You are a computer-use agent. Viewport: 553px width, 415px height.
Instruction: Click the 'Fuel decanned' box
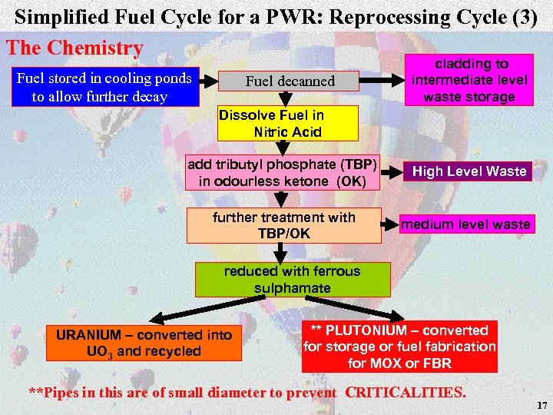(290, 81)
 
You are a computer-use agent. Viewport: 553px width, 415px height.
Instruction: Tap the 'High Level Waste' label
(469, 171)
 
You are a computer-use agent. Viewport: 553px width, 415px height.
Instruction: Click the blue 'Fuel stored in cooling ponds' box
(104, 87)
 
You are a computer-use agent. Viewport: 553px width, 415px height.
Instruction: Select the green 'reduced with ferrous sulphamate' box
(292, 280)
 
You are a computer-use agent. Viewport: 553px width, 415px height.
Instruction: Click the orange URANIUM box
(144, 343)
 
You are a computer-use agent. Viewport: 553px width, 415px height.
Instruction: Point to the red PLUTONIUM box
(399, 347)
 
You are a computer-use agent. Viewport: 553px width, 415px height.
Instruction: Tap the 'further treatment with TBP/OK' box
(284, 225)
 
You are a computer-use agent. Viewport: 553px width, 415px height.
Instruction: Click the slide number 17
(542, 405)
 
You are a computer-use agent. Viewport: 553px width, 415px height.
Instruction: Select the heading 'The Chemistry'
(75, 48)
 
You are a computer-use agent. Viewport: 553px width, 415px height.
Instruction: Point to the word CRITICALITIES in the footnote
(406, 392)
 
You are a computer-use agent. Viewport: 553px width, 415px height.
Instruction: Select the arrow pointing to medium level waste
(390, 225)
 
